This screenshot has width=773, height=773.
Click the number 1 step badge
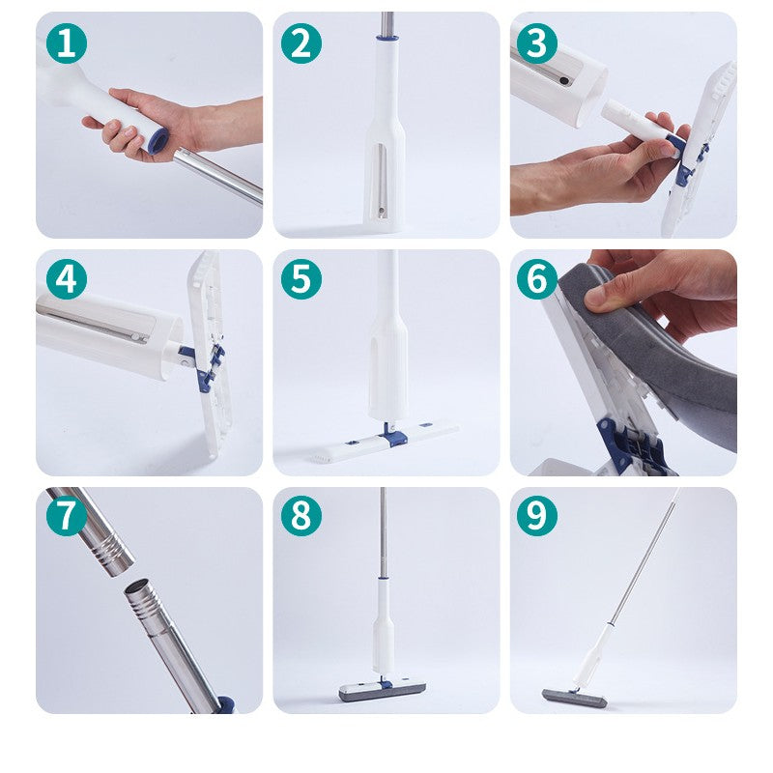pos(67,43)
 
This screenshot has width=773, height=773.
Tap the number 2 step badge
pos(301,43)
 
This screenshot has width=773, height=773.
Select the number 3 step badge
pos(537,43)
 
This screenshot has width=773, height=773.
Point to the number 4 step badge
pos(67,279)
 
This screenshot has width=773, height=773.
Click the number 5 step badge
pos(301,279)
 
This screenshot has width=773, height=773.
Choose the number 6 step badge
pos(537,279)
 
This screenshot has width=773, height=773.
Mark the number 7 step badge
pos(67,516)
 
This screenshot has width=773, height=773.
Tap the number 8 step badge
pos(301,516)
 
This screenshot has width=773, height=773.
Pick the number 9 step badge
pos(537,516)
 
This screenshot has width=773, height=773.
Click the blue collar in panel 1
pos(157,141)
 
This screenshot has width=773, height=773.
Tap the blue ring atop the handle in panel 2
pos(386,40)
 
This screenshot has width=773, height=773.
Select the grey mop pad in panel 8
pos(382,691)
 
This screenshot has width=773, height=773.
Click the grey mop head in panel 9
pos(574,698)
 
